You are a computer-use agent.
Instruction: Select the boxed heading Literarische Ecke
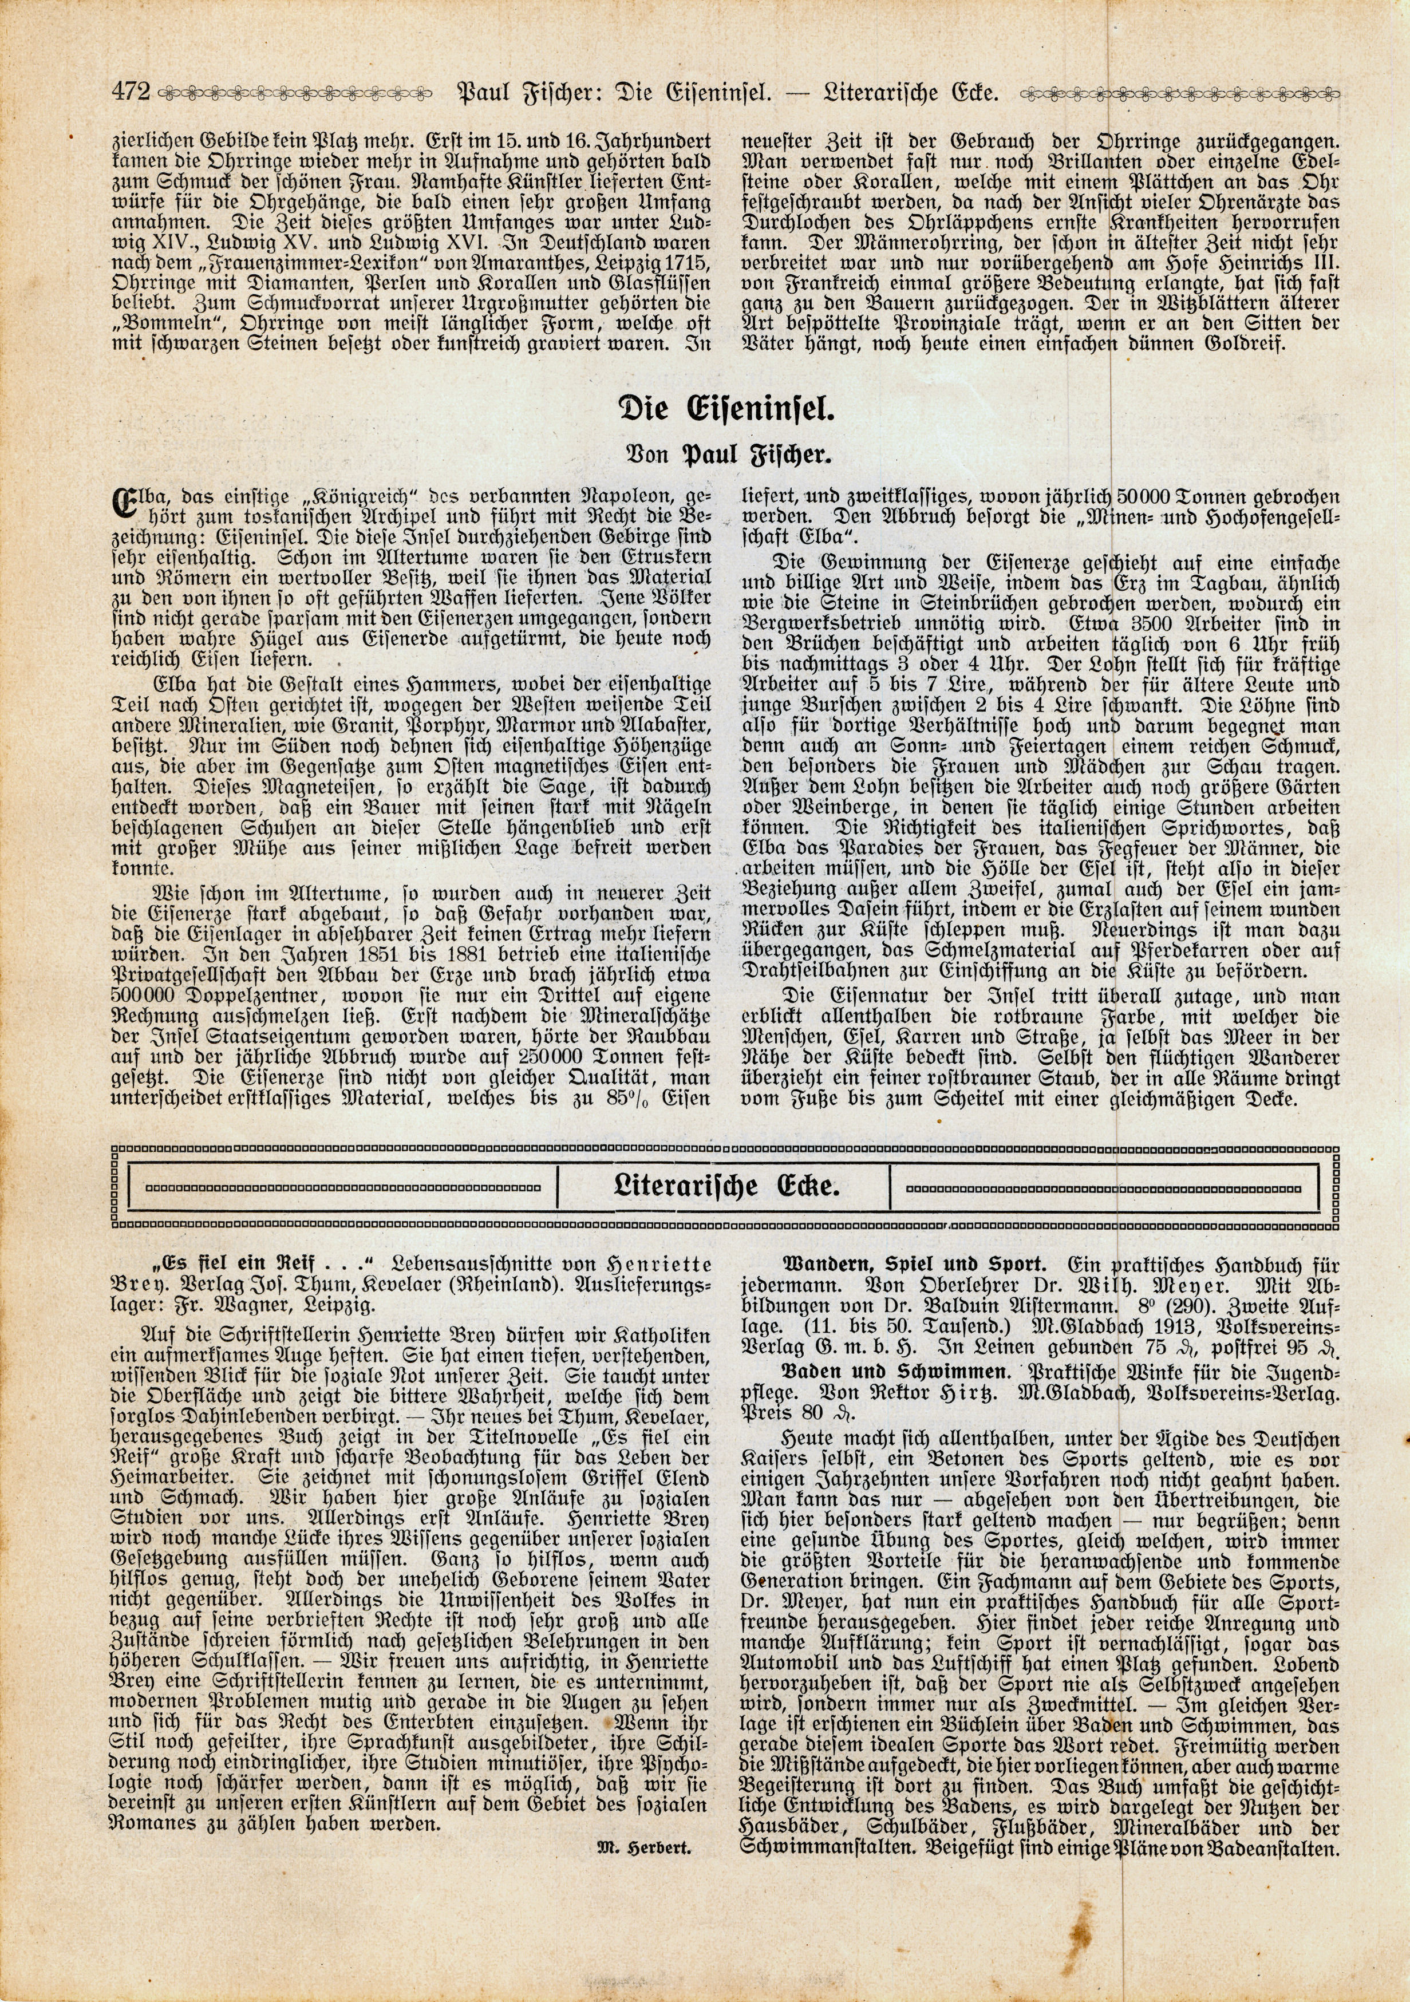click(x=725, y=1187)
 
